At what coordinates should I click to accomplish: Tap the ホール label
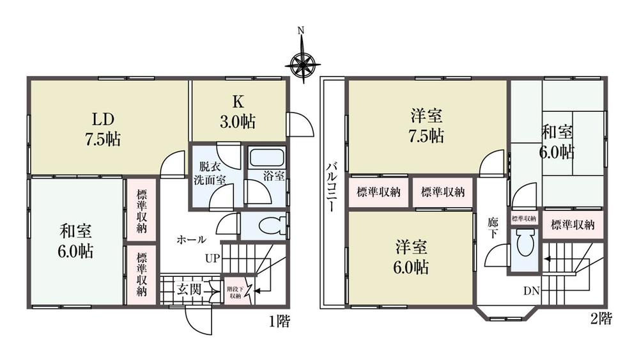click(191, 240)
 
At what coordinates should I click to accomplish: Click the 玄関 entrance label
click(190, 289)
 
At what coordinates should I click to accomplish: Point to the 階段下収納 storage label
click(235, 292)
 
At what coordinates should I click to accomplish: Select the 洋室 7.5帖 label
click(427, 126)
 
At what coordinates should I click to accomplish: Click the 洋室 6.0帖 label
click(411, 256)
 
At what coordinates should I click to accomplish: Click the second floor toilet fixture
click(525, 244)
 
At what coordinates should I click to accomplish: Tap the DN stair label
click(532, 291)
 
